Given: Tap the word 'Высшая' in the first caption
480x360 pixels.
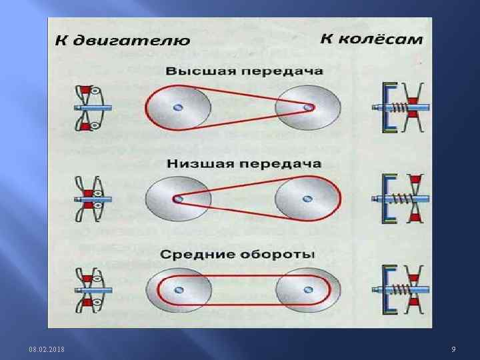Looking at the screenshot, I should click(194, 71).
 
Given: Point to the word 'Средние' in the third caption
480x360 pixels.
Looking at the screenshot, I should click(193, 255).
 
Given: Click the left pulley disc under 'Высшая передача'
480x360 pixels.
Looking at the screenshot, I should click(178, 107).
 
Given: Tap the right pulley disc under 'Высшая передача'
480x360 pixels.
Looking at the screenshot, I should click(309, 107).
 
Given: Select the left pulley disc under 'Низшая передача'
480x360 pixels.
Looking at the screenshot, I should click(177, 199).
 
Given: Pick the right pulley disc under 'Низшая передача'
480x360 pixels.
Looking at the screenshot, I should click(307, 199).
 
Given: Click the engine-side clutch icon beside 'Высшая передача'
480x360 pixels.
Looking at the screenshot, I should click(91, 107).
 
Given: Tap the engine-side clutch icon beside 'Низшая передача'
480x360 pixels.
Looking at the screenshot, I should click(91, 198).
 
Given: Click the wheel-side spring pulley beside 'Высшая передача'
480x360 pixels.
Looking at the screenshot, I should click(404, 107).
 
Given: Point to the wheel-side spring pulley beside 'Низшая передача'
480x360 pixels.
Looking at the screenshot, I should click(404, 199).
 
